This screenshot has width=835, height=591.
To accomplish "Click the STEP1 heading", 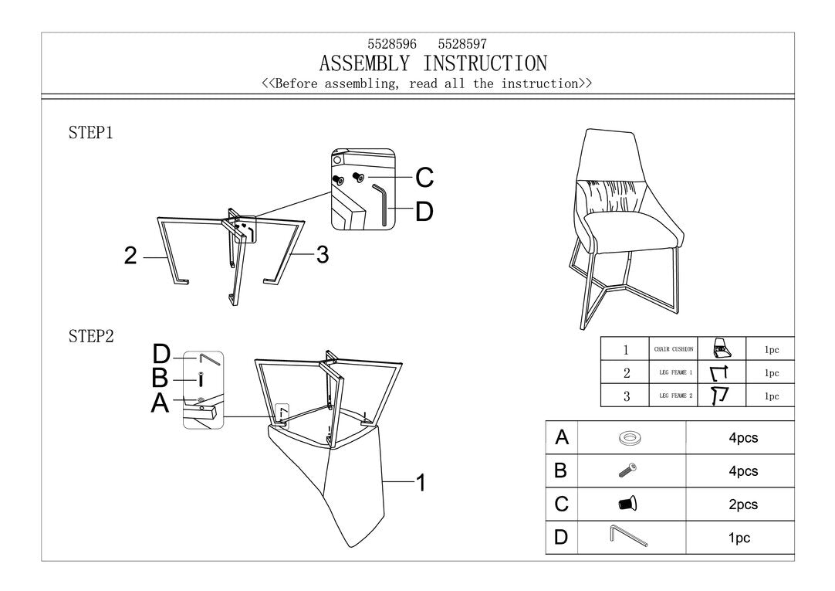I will (x=91, y=133).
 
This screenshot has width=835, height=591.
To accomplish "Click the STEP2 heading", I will (x=91, y=336).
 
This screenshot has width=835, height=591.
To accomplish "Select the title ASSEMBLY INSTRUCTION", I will (x=433, y=63).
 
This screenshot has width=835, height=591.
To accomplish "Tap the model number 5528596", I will (x=392, y=45).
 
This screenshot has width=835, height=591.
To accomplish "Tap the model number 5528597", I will (x=462, y=45).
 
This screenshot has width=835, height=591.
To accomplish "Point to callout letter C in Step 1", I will (x=424, y=178).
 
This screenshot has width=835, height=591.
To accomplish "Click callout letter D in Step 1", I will (x=424, y=212).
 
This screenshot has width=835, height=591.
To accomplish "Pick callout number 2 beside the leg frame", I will (x=131, y=256).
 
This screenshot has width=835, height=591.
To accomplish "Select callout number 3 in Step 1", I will (x=323, y=255).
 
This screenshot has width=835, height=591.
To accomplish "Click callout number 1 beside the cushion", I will (x=421, y=483).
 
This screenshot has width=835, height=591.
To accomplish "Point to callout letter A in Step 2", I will (x=160, y=402).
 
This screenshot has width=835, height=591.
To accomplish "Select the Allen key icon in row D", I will (x=629, y=535).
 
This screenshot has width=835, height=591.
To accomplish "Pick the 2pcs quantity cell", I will (x=743, y=504).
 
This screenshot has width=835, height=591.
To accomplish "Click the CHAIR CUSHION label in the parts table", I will (x=674, y=349).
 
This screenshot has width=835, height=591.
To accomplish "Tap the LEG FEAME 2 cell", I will (x=674, y=396).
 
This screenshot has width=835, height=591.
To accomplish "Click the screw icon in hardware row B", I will (x=627, y=470).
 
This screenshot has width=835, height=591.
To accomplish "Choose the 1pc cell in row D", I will (x=739, y=538).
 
